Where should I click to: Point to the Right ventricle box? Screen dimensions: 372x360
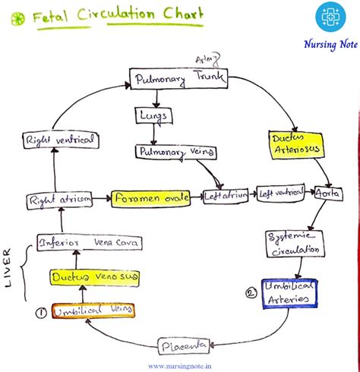49,140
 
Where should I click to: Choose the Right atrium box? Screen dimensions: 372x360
60,200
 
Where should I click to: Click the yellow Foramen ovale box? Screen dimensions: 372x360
150,200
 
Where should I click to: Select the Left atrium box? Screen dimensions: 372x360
226,197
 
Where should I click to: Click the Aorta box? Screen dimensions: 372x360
329,194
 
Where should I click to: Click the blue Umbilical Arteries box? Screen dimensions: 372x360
289,294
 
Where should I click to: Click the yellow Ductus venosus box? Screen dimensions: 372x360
95,279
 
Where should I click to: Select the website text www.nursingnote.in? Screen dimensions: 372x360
180,366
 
